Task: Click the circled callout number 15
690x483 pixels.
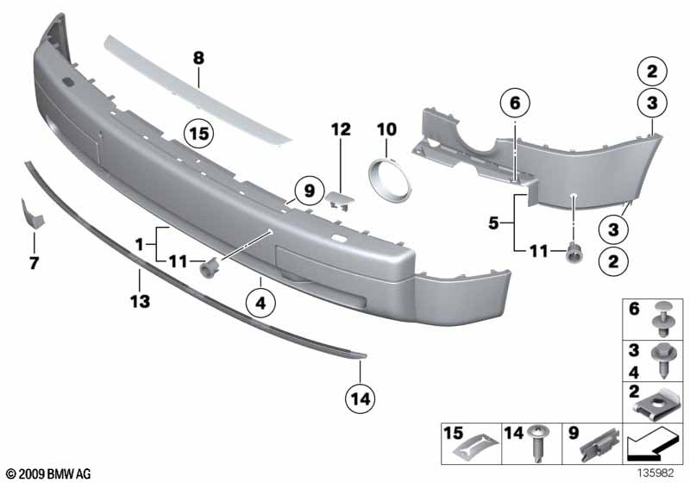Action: pyautogui.click(x=200, y=134)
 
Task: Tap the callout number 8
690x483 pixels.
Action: pyautogui.click(x=198, y=59)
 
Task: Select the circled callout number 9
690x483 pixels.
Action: pyautogui.click(x=304, y=186)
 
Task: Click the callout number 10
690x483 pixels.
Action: pyautogui.click(x=386, y=129)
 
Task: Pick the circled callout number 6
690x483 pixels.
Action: pyautogui.click(x=515, y=103)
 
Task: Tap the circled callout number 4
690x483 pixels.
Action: pyautogui.click(x=259, y=303)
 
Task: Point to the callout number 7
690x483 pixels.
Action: pyautogui.click(x=34, y=262)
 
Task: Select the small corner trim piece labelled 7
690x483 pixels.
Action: pyautogui.click(x=30, y=213)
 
